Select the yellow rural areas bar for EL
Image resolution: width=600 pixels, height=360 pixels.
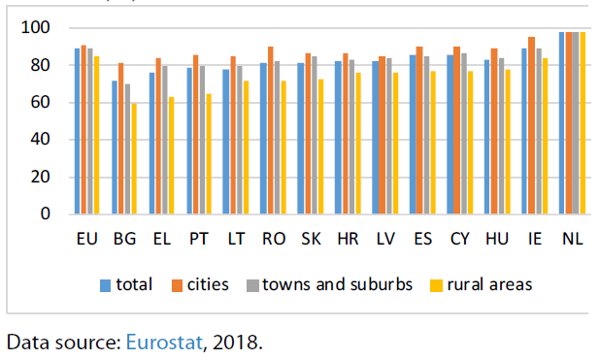(172, 155)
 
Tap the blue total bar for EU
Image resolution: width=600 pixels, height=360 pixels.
(77, 131)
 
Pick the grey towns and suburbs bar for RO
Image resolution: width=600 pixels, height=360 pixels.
(277, 138)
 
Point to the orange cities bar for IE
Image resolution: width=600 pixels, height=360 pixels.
(531, 125)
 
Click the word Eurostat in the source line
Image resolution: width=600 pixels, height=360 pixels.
(164, 342)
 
